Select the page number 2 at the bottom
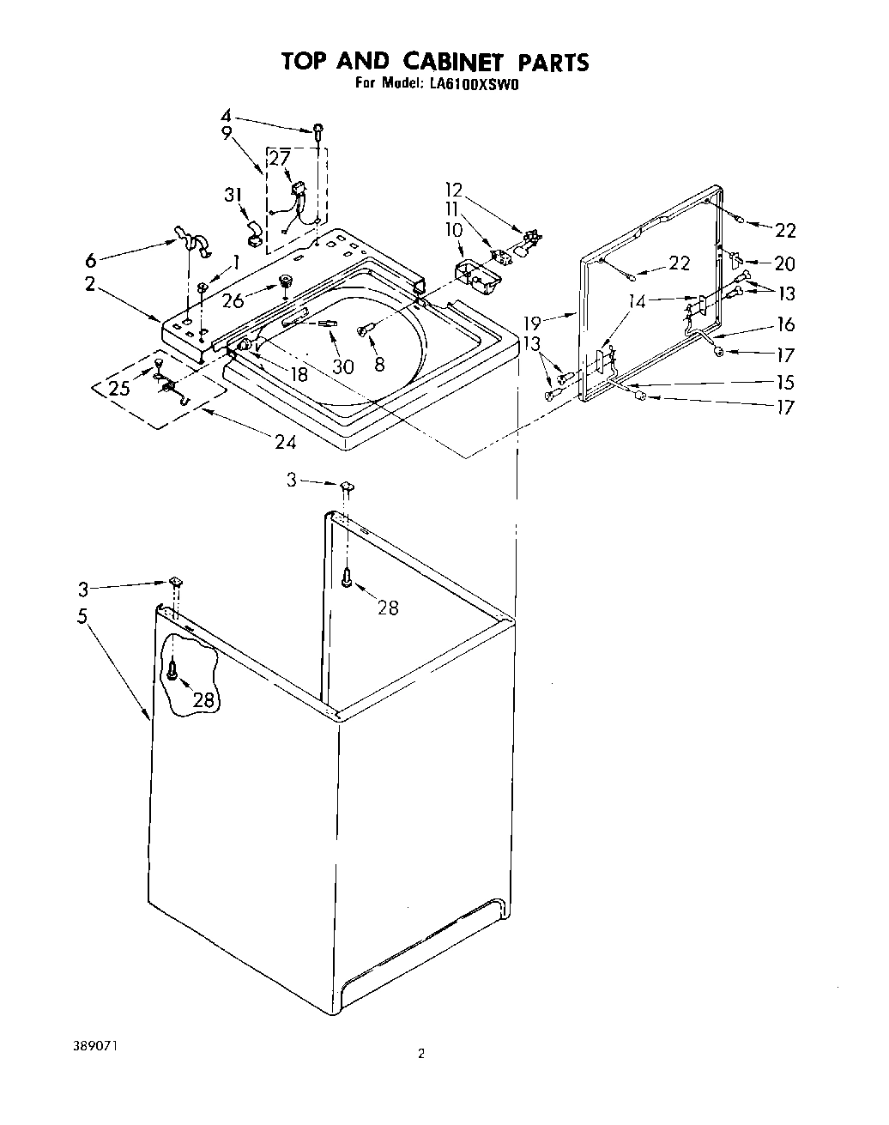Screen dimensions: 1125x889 [420, 1054]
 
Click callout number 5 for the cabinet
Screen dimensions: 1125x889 [83, 617]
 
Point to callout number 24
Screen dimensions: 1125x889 [285, 442]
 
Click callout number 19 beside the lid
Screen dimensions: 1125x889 [533, 323]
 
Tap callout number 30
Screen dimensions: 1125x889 [342, 366]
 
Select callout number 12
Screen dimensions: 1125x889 [454, 189]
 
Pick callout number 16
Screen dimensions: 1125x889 [784, 324]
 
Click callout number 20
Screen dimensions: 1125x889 [784, 265]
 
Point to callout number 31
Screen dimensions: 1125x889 [232, 196]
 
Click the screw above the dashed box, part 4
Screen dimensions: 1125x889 [318, 130]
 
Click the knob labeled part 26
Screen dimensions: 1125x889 [284, 283]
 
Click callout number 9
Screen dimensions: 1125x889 [227, 133]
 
